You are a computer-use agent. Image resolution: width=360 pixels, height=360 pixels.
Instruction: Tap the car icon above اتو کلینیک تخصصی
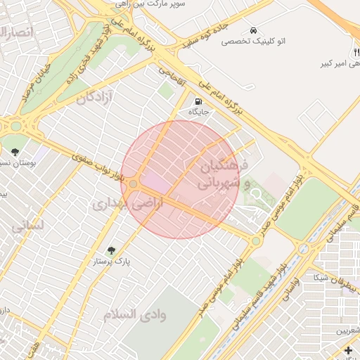[252, 30]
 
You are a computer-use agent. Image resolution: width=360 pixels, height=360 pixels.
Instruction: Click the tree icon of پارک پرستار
[111, 250]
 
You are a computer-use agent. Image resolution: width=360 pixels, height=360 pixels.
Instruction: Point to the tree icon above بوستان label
[15, 150]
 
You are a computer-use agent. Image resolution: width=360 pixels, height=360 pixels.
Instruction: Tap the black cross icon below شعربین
[348, 350]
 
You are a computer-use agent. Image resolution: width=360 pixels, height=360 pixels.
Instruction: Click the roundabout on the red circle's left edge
[133, 184]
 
